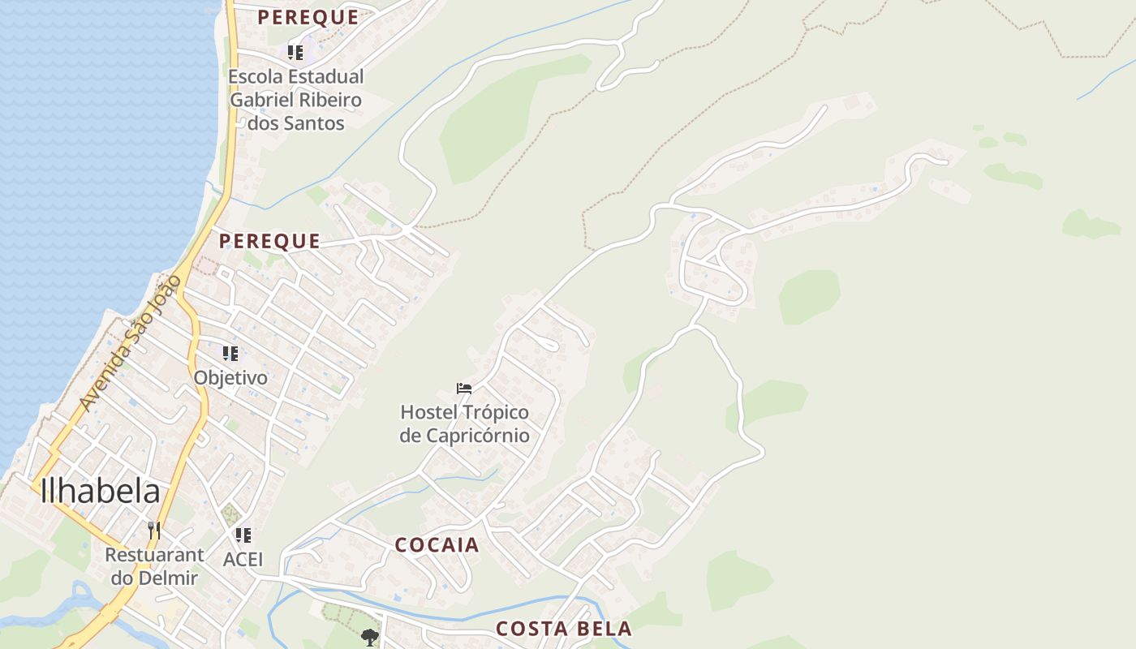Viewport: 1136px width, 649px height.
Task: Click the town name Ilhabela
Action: point(100,492)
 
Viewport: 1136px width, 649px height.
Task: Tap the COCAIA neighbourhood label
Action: point(437,545)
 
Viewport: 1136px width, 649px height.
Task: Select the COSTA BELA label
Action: point(563,629)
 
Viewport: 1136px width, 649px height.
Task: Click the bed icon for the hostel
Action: point(464,389)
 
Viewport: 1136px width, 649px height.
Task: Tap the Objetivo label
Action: point(230,377)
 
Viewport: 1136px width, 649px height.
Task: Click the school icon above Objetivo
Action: point(230,354)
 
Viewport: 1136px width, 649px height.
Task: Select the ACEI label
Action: point(243,559)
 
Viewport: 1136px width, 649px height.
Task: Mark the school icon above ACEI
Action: point(243,535)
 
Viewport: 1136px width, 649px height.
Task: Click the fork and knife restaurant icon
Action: point(154,531)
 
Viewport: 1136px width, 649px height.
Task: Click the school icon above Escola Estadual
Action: point(295,53)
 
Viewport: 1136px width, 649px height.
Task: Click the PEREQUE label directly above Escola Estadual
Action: point(308,17)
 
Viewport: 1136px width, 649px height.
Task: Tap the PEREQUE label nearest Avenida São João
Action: point(269,241)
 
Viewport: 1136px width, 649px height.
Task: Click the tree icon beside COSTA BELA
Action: point(370,637)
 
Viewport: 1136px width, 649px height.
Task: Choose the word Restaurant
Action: point(154,556)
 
